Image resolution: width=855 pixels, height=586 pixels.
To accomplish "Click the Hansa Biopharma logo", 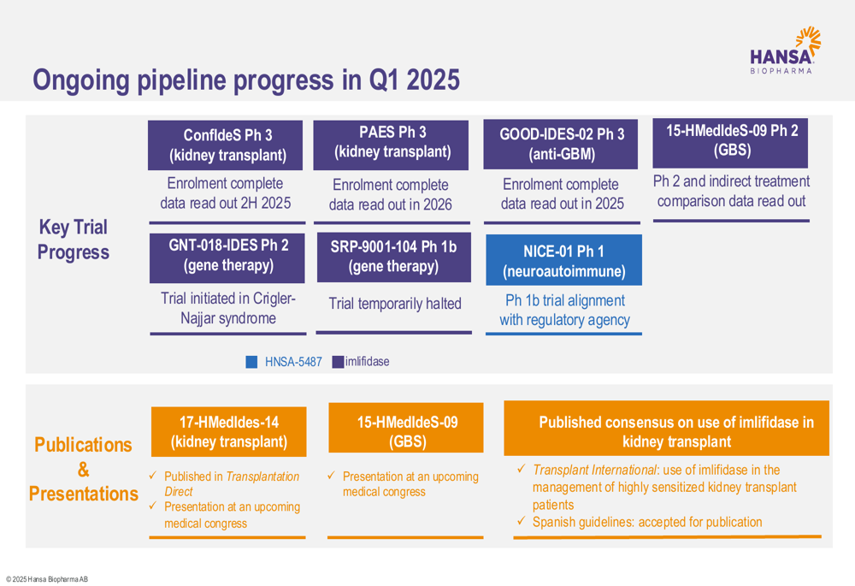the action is [785, 50].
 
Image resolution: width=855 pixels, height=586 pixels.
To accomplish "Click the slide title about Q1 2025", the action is [246, 80].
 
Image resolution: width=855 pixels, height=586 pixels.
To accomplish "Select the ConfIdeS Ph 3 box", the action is [225, 145].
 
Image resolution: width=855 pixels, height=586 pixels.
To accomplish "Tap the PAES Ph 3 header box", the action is [391, 145].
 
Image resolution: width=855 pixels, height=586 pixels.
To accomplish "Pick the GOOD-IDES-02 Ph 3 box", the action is [561, 144].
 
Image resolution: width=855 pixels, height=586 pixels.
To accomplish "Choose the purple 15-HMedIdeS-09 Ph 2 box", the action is [730, 143].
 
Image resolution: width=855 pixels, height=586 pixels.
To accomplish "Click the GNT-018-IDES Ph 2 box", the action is [227, 257].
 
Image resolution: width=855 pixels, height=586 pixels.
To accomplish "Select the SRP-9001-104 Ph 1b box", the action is [393, 257].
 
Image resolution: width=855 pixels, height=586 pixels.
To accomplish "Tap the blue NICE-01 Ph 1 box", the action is [563, 260].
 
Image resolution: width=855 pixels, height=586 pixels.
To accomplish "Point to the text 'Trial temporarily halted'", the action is [395, 304].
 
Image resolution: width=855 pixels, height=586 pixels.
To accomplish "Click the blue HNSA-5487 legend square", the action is [251, 362].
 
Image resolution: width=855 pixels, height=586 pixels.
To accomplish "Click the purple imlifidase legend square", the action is [338, 362].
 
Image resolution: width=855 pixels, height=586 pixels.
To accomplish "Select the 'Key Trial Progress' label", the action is [73, 240].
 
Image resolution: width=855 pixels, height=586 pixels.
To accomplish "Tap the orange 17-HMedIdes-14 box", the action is [228, 432].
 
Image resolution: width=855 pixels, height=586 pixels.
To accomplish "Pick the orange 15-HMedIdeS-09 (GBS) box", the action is [405, 428].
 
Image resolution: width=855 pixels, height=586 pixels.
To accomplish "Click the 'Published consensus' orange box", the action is [666, 429].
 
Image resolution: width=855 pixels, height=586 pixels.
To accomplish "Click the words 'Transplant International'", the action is [594, 470].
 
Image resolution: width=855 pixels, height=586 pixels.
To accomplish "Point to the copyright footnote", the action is [47, 579].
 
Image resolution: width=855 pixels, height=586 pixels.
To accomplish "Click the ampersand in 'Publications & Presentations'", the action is [84, 470].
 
